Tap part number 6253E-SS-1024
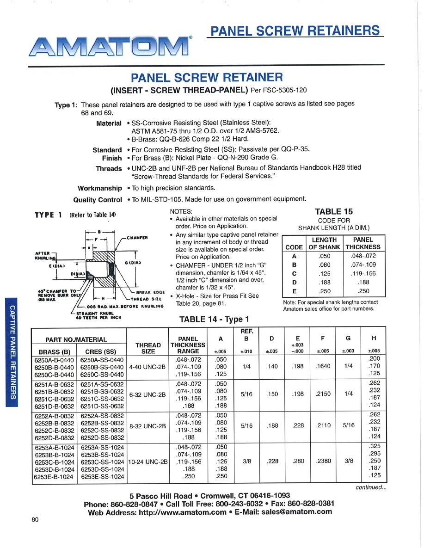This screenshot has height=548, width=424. pyautogui.click(x=102, y=476)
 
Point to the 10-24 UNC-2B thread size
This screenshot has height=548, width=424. pyautogui.click(x=147, y=462)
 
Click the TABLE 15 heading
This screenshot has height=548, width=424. pyautogui.click(x=334, y=212)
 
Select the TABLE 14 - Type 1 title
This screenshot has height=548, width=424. pyautogui.click(x=214, y=319)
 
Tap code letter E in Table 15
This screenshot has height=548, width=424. pyautogui.click(x=295, y=291)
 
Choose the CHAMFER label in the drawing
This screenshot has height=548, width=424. pyautogui.click(x=137, y=238)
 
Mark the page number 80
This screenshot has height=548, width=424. pyautogui.click(x=35, y=519)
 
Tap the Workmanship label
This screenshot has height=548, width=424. pyautogui.click(x=100, y=188)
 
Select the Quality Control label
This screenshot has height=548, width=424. pyautogui.click(x=98, y=200)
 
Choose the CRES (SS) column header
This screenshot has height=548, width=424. pyautogui.click(x=100, y=352)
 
